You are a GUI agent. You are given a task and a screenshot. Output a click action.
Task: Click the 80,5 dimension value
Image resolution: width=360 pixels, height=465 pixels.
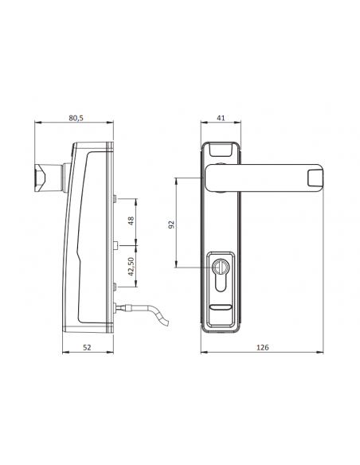click(x=76, y=118)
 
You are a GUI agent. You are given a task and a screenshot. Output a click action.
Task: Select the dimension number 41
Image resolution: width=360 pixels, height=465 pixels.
click(x=221, y=118)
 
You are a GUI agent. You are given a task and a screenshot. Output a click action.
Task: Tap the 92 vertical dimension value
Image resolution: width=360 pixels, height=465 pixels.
click(x=171, y=225)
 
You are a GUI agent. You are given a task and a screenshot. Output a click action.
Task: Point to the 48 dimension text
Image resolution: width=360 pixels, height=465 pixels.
click(x=131, y=221)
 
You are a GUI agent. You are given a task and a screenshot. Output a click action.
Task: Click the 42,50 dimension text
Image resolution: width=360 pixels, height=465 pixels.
click(x=131, y=267)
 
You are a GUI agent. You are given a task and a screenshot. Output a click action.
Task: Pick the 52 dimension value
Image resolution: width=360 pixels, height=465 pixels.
click(x=87, y=347)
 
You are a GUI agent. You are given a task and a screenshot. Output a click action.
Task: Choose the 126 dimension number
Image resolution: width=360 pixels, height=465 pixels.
click(x=262, y=347)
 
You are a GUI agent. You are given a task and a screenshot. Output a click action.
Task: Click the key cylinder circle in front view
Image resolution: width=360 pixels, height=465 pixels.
click(x=220, y=266)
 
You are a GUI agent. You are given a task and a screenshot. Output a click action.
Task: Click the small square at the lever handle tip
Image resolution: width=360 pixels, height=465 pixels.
click(x=315, y=178)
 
